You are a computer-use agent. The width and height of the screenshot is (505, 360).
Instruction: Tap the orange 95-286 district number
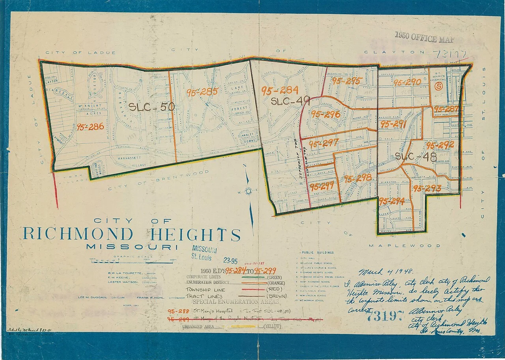(90, 127)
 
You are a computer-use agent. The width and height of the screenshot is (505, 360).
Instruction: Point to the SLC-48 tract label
(416, 157)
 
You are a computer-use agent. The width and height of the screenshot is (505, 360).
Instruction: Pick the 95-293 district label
(427, 189)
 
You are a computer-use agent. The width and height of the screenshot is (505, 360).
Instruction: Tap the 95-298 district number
(358, 178)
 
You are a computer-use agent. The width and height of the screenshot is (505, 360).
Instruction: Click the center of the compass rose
(249, 191)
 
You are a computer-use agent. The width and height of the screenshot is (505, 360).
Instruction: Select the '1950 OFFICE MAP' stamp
(424, 38)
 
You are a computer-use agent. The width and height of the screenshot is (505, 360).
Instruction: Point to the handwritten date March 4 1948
(385, 272)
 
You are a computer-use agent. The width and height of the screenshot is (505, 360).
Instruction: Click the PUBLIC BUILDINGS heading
(318, 253)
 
